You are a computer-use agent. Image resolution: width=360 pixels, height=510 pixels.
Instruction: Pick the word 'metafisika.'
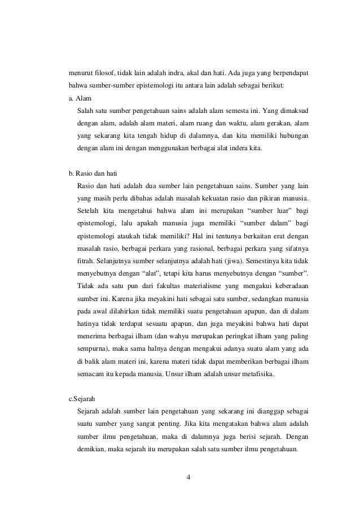[x=256, y=372]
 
